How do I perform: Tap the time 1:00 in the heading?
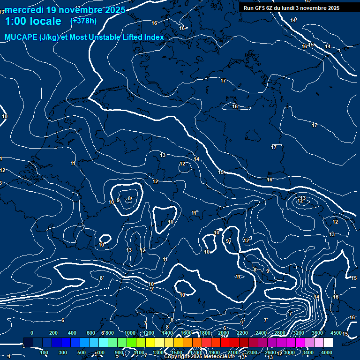point(15,21)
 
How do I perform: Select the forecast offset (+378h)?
point(83,21)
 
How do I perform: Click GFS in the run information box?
point(260,8)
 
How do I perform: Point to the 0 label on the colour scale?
point(32,333)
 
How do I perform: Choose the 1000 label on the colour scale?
point(130,333)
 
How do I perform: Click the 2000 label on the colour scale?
point(224,333)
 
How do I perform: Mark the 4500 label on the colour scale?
point(336,333)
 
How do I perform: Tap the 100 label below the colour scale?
point(44,352)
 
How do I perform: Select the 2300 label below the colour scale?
point(252,352)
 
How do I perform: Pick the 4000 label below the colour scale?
point(327,352)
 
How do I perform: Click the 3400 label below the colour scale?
point(308,352)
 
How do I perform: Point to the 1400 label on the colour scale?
point(167,333)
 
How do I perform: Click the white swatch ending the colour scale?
point(328,343)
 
